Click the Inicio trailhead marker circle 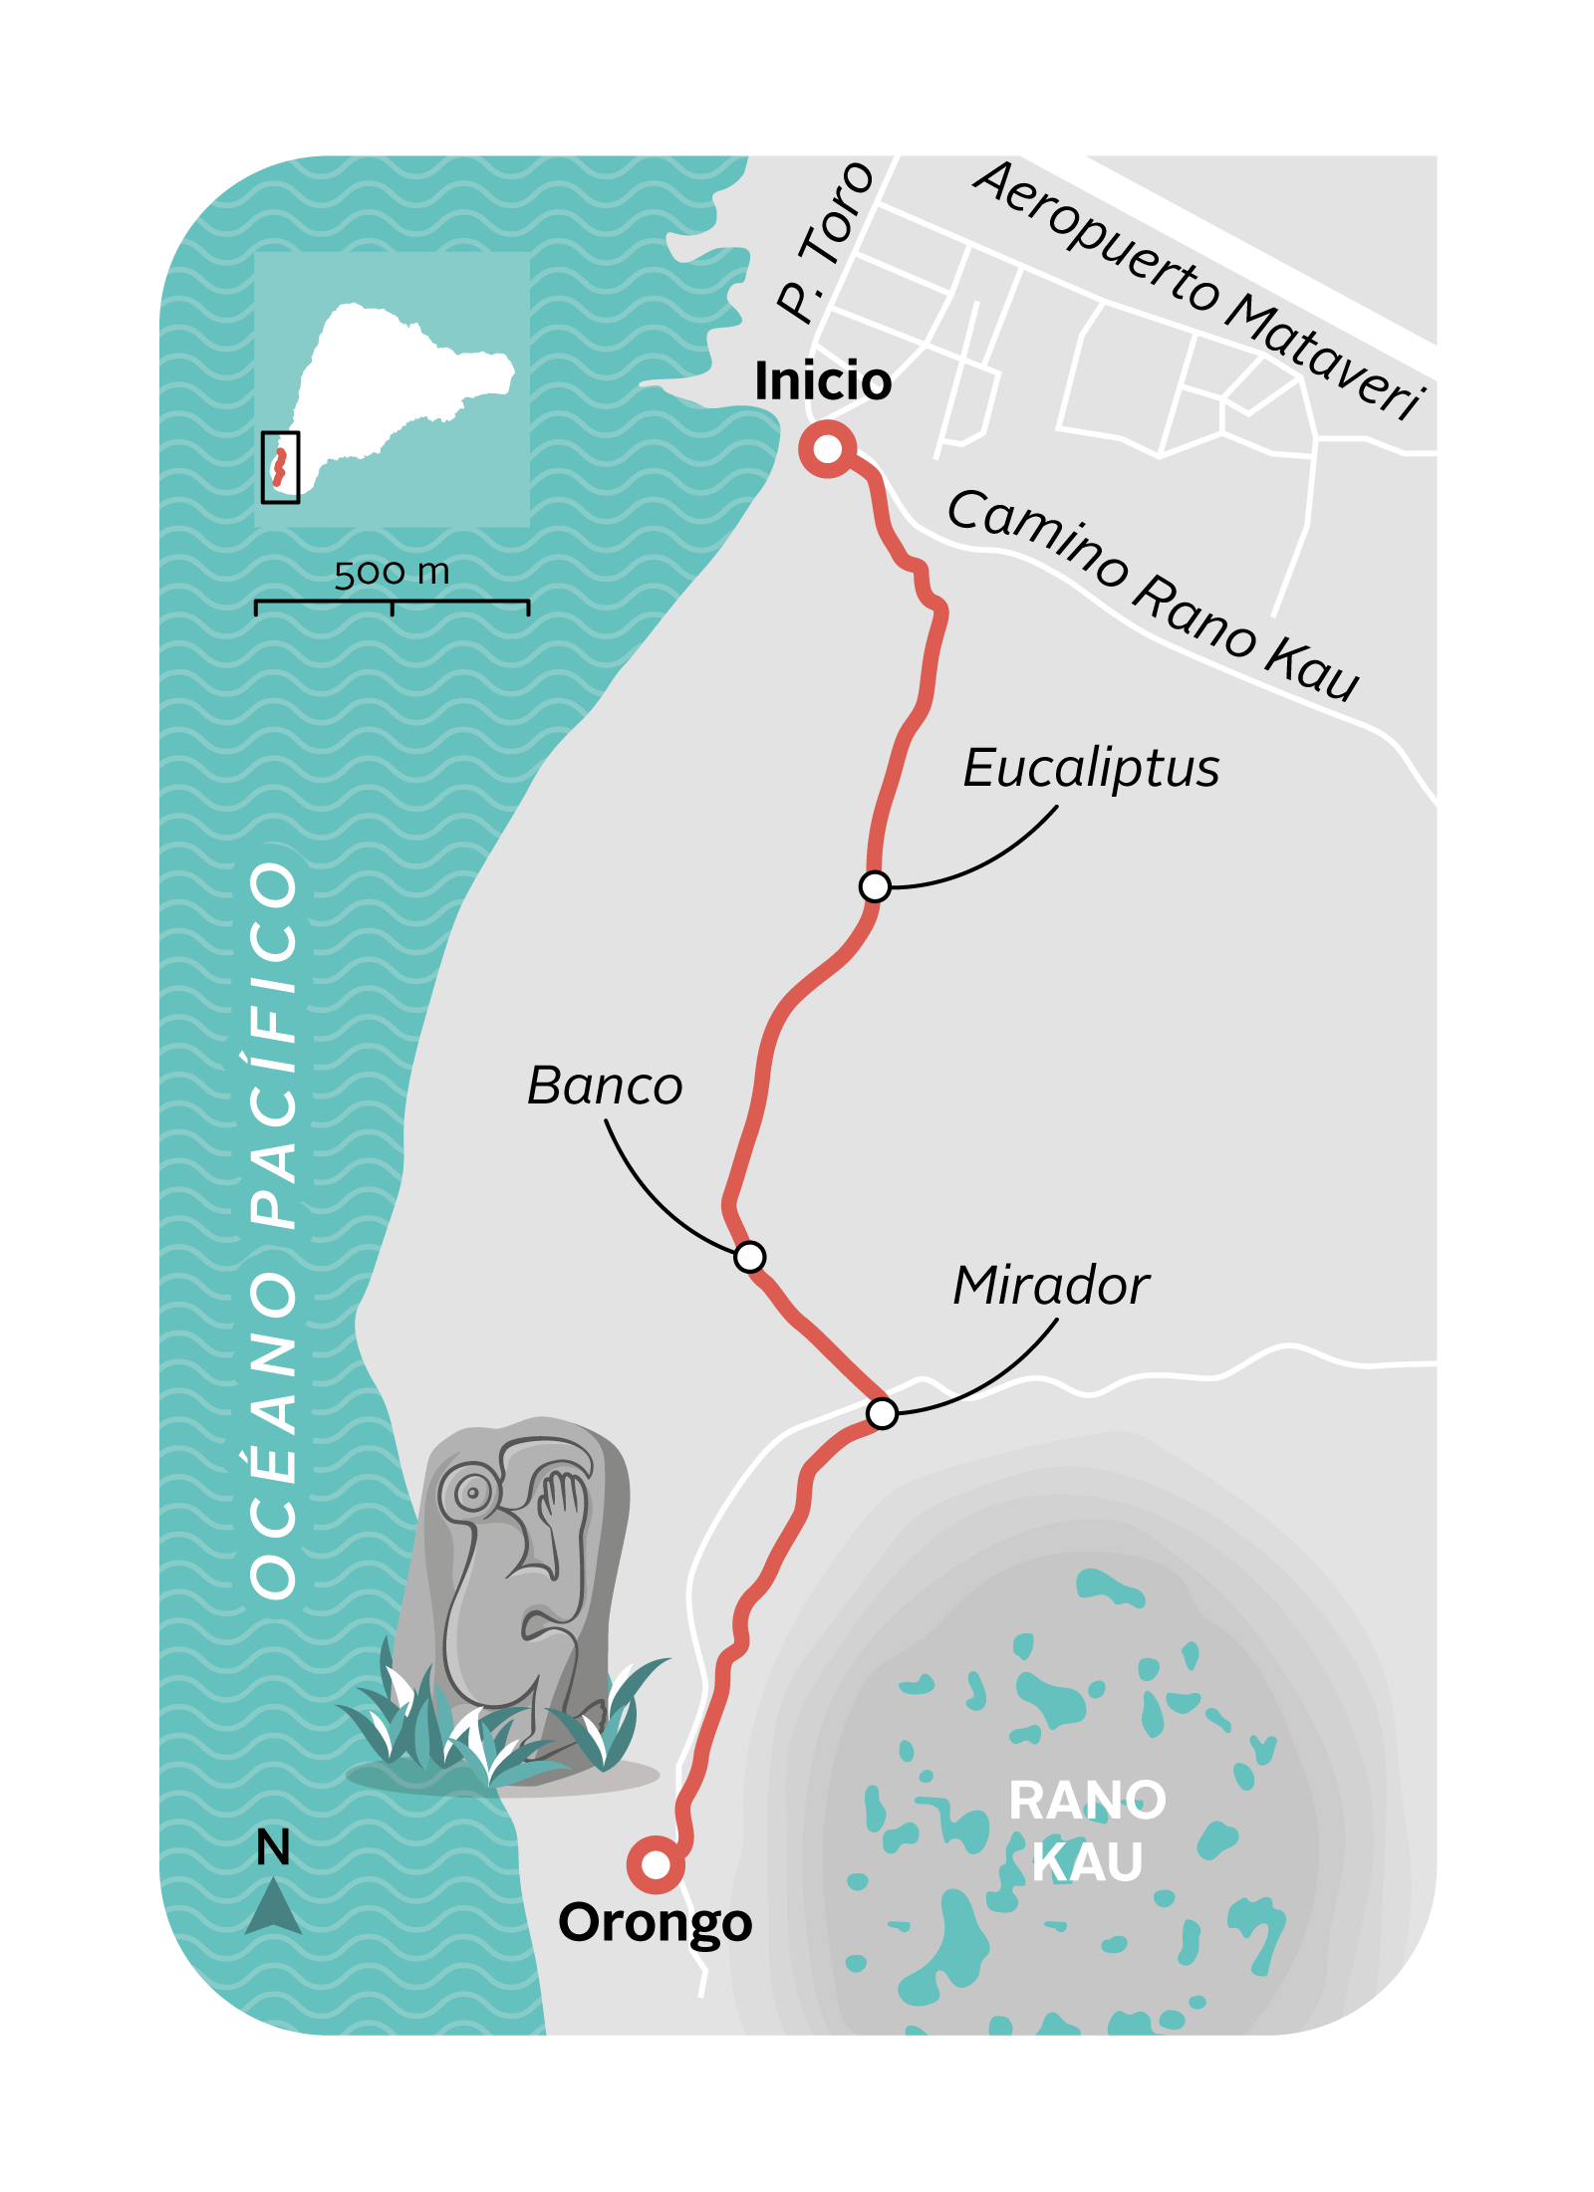pyautogui.click(x=827, y=449)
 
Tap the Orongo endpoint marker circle pyautogui.click(x=656, y=1864)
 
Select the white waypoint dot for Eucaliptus pyautogui.click(x=875, y=885)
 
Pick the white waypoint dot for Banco pyautogui.click(x=749, y=1257)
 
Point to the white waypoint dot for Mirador pyautogui.click(x=882, y=1413)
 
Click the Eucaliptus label pyautogui.click(x=1091, y=769)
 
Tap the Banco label pyautogui.click(x=605, y=1086)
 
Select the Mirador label pyautogui.click(x=1051, y=1286)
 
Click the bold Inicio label pyautogui.click(x=823, y=381)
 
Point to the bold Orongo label pyautogui.click(x=655, y=1923)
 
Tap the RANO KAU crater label pyautogui.click(x=1087, y=1830)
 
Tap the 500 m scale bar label pyautogui.click(x=392, y=573)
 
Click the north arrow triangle pyautogui.click(x=273, y=1906)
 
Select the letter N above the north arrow pyautogui.click(x=273, y=1847)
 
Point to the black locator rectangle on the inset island pyautogui.click(x=280, y=466)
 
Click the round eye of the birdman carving pyautogui.click(x=471, y=1492)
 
